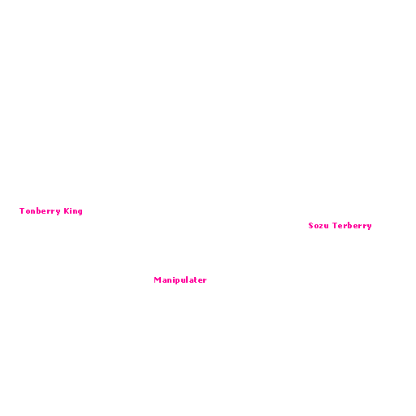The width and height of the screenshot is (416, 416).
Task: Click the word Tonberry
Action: tap(40, 211)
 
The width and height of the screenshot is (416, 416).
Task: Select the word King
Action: tap(73, 211)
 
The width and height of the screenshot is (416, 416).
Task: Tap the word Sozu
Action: tap(318, 226)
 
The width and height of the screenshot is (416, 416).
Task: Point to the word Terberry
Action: tap(352, 226)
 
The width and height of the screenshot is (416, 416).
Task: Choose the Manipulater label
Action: tap(180, 280)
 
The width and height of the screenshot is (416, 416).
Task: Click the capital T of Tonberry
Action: tap(22, 210)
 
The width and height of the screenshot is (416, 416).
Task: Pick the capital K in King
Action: tap(67, 210)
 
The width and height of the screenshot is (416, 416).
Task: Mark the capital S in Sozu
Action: tap(311, 226)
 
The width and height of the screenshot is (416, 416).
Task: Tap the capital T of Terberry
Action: tap(335, 225)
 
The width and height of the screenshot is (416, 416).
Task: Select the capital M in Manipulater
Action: tap(158, 279)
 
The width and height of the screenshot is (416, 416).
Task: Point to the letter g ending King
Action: tap(80, 212)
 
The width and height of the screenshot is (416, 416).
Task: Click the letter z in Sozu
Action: tap(320, 226)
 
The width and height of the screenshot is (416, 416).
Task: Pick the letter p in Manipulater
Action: tap(176, 281)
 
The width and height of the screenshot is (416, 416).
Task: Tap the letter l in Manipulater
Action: tap(186, 279)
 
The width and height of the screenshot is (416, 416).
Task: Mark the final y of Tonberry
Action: tap(58, 212)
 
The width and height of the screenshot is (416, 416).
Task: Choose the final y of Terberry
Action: tap(369, 227)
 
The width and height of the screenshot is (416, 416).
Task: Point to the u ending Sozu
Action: tap(326, 227)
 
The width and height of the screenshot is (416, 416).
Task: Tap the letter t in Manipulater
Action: tap(195, 279)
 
